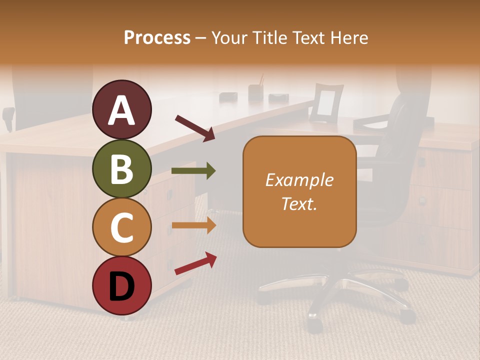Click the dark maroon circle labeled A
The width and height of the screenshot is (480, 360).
point(122,109)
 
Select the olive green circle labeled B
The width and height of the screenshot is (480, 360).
point(122,168)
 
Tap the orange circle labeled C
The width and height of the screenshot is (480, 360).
point(122,227)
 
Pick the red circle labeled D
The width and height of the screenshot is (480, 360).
point(122,285)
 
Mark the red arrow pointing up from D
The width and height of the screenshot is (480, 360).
point(195,263)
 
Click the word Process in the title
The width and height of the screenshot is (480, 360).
point(157,37)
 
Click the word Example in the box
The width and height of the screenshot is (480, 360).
point(299,180)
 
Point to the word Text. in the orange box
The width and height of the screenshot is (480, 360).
point(299,203)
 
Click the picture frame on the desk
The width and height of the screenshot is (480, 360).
point(326,103)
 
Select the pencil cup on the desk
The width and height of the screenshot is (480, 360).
point(256,91)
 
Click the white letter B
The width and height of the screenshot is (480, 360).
point(122,169)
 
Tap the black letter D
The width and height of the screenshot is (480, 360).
point(122,286)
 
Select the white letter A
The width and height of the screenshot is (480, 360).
point(122,110)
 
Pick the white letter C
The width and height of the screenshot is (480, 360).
point(122,227)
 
